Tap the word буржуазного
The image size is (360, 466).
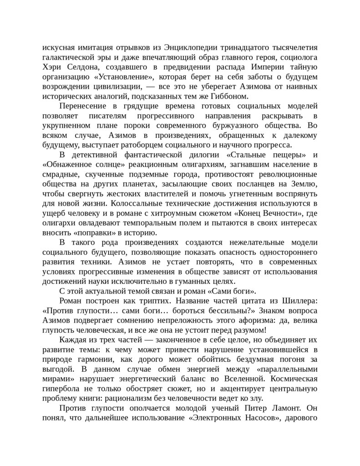tap(232, 126)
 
